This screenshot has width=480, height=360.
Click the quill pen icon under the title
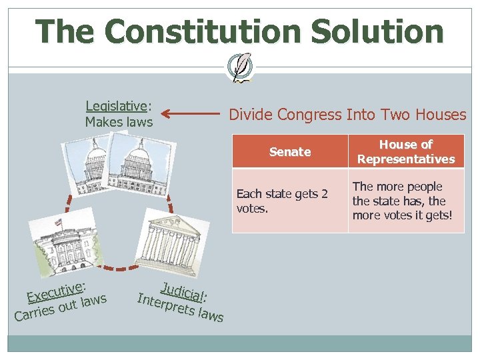pos(240,66)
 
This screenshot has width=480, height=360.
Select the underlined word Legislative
pos(116,105)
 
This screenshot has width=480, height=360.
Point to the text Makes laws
pos(119,122)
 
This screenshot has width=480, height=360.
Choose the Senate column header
pos(290,151)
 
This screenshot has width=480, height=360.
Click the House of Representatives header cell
pos(406,151)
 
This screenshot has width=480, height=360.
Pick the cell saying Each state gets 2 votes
pos(289,200)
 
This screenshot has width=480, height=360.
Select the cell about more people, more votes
pos(406,200)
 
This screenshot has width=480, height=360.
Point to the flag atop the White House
pos(59,221)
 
